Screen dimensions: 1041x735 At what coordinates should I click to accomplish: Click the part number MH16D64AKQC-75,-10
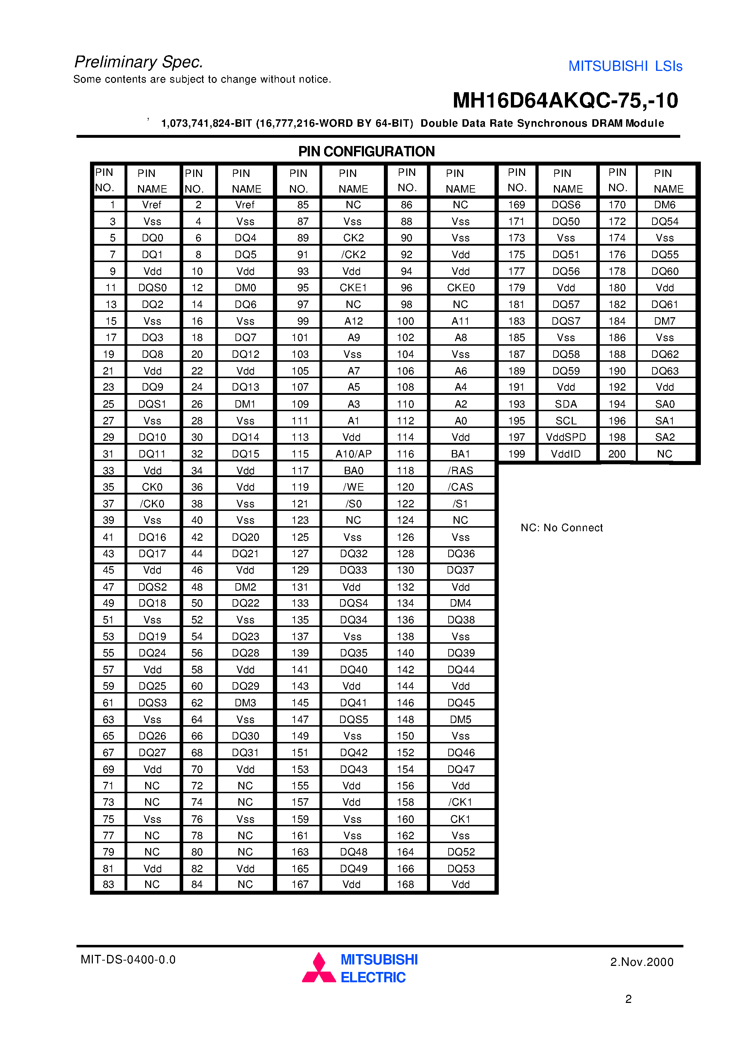565,101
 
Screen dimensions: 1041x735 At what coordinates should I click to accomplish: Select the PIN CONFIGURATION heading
366,151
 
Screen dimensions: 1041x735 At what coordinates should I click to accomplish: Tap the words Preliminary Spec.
139,62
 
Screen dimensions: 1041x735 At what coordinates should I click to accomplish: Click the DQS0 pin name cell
152,288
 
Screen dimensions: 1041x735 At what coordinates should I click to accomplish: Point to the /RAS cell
460,471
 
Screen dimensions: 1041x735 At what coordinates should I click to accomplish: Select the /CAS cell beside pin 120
460,487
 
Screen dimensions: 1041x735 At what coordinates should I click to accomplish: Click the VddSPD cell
566,437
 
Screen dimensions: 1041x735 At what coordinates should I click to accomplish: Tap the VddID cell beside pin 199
566,454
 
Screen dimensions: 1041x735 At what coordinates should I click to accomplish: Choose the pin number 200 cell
617,454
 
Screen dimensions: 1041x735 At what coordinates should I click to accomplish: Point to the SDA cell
566,404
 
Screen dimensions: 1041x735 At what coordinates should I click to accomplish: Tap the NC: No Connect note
561,528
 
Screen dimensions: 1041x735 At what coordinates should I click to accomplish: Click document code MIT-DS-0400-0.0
128,960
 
